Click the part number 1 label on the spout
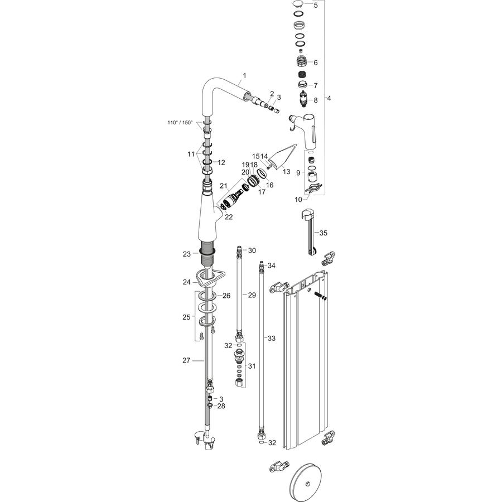pyautogui.click(x=245, y=75)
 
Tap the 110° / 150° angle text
pyautogui.click(x=180, y=122)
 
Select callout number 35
pyautogui.click(x=324, y=233)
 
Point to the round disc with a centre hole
pyautogui.click(x=306, y=484)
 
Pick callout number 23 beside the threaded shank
pyautogui.click(x=187, y=254)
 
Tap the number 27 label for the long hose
pyautogui.click(x=186, y=360)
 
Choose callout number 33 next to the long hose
pyautogui.click(x=272, y=339)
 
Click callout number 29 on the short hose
pyautogui.click(x=252, y=295)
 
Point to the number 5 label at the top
pyautogui.click(x=316, y=6)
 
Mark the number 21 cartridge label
pyautogui.click(x=223, y=186)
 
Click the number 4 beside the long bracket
pyautogui.click(x=329, y=98)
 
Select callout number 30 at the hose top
pyautogui.click(x=252, y=250)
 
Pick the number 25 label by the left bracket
pyautogui.click(x=186, y=317)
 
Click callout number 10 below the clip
pyautogui.click(x=298, y=200)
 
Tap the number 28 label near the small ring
pyautogui.click(x=221, y=406)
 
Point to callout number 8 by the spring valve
pyautogui.click(x=316, y=100)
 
